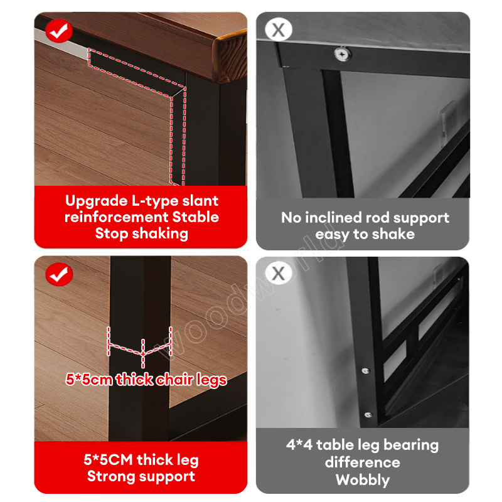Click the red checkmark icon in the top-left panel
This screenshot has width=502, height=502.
59,31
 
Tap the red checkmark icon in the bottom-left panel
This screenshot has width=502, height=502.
59,274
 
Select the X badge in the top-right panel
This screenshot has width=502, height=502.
279,29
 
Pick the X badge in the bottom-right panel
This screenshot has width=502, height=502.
279,273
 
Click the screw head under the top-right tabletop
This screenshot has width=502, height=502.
342,54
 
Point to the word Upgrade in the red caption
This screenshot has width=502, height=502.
97,201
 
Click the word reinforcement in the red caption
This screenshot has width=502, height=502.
116,217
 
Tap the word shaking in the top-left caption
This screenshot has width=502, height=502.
160,233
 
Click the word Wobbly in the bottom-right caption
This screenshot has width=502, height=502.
363,480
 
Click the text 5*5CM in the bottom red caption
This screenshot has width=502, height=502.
108,460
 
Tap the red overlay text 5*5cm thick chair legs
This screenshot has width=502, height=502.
146,380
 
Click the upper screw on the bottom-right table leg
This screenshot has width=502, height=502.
365,371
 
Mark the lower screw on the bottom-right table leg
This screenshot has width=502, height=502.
368,415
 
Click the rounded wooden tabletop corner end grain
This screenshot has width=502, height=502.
229,57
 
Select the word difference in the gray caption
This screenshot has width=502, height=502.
363,462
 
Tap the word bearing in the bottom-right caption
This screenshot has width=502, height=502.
411,446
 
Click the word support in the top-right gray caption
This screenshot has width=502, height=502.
421,218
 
